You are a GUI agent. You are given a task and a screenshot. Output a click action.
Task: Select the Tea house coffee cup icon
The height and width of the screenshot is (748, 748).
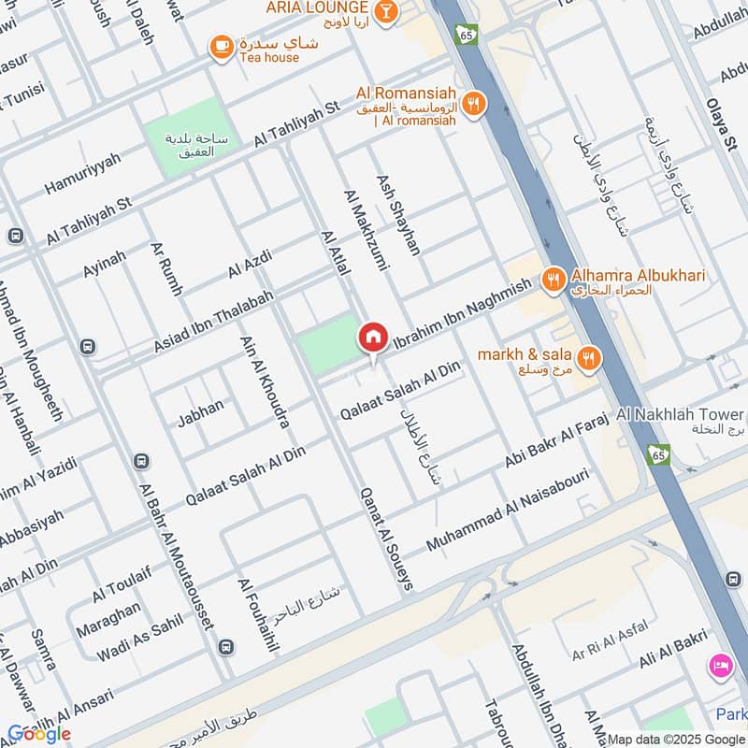(221, 46)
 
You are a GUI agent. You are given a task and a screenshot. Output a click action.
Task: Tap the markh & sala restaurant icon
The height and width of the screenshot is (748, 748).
(588, 356)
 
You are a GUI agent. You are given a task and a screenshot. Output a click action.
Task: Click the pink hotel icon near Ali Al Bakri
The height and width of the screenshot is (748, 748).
(720, 665)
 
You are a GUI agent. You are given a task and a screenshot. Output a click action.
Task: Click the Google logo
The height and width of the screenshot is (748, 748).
(39, 734)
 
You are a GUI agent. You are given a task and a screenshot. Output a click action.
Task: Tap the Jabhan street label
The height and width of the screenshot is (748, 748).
(201, 412)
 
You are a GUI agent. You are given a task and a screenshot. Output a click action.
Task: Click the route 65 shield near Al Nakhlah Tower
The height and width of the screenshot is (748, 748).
(657, 453)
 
